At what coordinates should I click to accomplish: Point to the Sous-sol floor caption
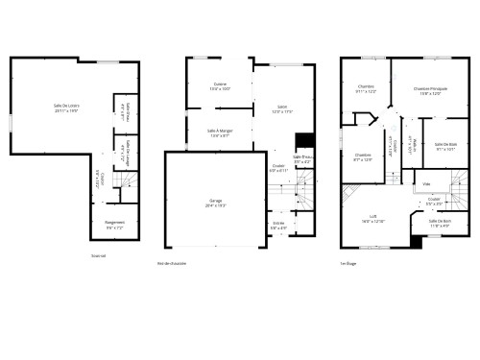tap(98, 256)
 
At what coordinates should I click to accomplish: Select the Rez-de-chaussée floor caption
tap(172, 263)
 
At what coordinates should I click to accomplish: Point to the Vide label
tap(426, 183)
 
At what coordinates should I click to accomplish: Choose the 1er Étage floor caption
tap(348, 263)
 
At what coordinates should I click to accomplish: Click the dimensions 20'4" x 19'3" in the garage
tap(216, 204)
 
